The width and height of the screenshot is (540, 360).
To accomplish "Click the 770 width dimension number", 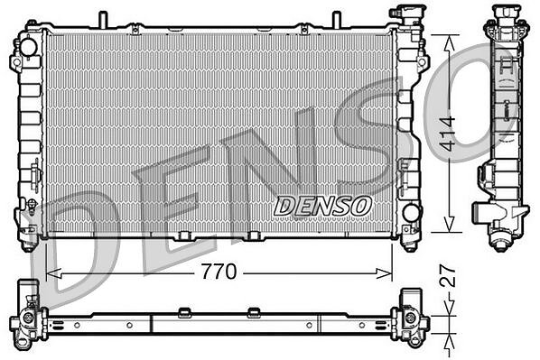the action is pos(219,272).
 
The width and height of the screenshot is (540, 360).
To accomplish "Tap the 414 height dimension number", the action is pos(449,134).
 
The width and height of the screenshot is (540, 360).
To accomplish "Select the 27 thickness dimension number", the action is pos(449,276).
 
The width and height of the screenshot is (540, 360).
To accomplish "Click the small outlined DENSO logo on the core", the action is pos(322,206).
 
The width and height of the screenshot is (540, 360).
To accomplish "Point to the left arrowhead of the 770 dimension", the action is pos(53,274).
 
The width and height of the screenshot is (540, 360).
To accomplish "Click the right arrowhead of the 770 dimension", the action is pos(384,274).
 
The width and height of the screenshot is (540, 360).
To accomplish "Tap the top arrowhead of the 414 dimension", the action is pos(449,43).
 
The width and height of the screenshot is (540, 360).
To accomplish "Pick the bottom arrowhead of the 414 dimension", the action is pos(449,224).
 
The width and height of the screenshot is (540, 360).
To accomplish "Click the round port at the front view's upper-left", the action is pos(28,47).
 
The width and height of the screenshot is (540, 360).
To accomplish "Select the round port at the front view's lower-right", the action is pos(411,213).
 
